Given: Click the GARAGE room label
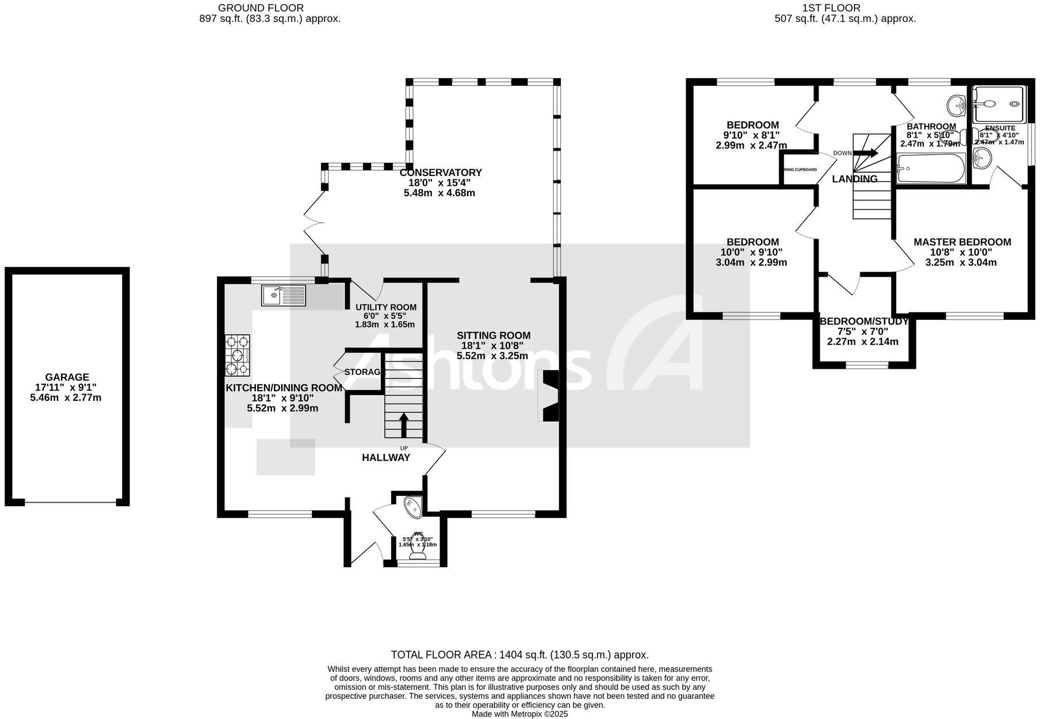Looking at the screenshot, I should [x=67, y=377].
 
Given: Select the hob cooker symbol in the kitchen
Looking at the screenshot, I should [x=238, y=355].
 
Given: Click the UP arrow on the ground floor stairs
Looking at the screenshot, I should [x=403, y=424].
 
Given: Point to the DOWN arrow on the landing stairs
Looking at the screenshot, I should [x=865, y=153].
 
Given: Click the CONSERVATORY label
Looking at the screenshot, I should [x=441, y=173].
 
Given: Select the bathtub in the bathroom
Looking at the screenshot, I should [x=931, y=168].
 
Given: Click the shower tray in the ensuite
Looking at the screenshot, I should [x=997, y=104].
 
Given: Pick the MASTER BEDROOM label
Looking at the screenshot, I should [x=962, y=242].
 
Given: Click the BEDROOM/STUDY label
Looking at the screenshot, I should [x=863, y=322].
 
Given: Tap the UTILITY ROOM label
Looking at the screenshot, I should [x=385, y=307].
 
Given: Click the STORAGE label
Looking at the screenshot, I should [x=364, y=372].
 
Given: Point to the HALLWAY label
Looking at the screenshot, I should [x=385, y=458].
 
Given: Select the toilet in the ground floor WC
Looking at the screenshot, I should [x=418, y=550].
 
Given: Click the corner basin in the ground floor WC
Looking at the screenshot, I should [x=414, y=506].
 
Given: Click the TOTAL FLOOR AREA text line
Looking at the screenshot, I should [x=519, y=655].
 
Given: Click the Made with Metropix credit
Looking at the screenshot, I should [x=519, y=714].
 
